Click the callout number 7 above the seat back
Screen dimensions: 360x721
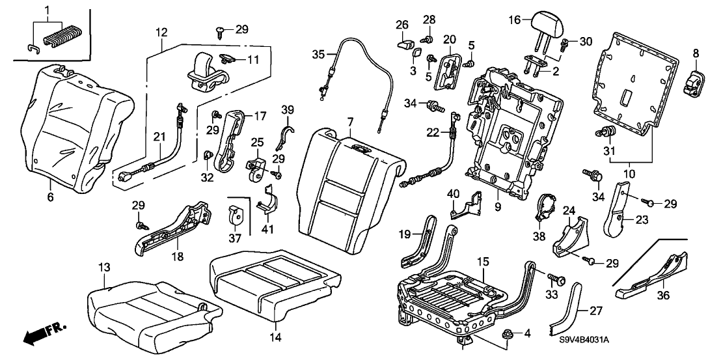click(x=350, y=122)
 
